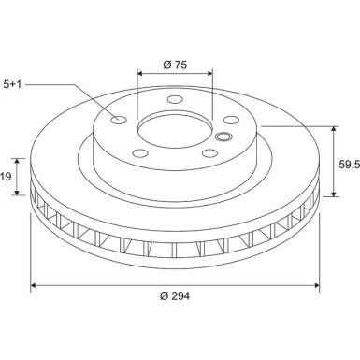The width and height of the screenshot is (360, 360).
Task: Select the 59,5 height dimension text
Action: pos(348,164)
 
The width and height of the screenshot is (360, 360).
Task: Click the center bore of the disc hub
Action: pos(174,128)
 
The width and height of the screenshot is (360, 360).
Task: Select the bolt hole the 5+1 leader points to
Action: pos(119,120)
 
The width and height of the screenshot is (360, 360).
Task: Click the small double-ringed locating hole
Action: pos(223,138)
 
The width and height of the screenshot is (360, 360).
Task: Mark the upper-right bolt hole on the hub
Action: pos(229,118)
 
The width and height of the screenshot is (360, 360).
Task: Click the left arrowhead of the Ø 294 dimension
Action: pos(35,282)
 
